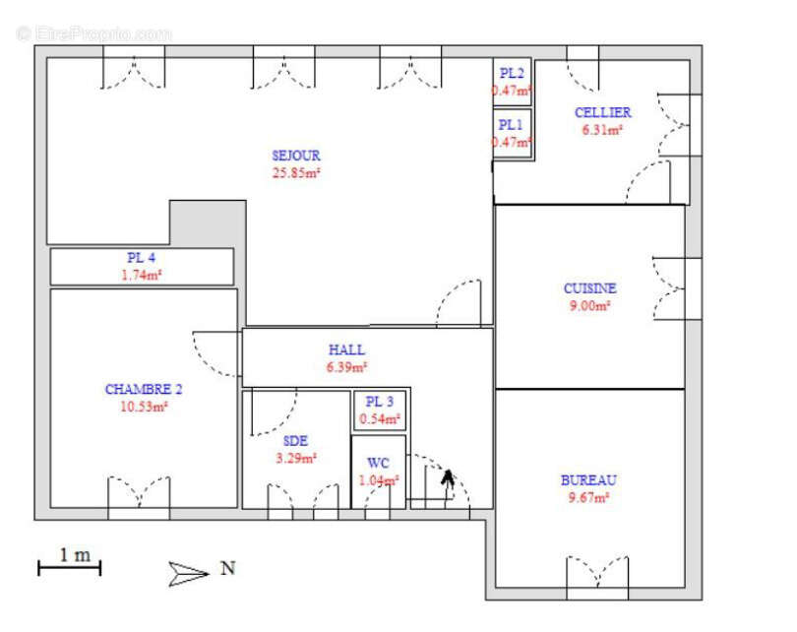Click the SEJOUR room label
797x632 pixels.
click(x=296, y=156)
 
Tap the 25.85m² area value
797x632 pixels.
click(x=296, y=173)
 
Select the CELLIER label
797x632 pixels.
click(x=603, y=112)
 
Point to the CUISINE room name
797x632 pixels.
click(x=589, y=288)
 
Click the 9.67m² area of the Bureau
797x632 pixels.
click(x=588, y=497)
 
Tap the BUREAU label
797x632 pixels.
click(x=588, y=480)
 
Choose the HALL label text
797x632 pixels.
click(x=346, y=349)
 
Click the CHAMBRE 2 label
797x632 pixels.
click(x=144, y=390)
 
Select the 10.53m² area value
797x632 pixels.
click(x=144, y=407)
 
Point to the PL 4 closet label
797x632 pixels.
click(x=142, y=258)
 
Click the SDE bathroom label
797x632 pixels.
click(x=295, y=441)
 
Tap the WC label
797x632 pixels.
click(x=378, y=464)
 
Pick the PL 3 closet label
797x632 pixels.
click(x=380, y=402)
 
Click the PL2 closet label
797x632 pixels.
click(x=512, y=73)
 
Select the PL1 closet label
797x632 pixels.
click(x=511, y=125)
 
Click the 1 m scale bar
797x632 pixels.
click(x=70, y=567)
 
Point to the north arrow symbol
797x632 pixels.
click(x=189, y=574)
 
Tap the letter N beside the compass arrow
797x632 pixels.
click(x=228, y=568)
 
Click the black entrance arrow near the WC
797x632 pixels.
click(x=448, y=485)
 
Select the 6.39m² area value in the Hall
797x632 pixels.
click(x=347, y=367)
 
